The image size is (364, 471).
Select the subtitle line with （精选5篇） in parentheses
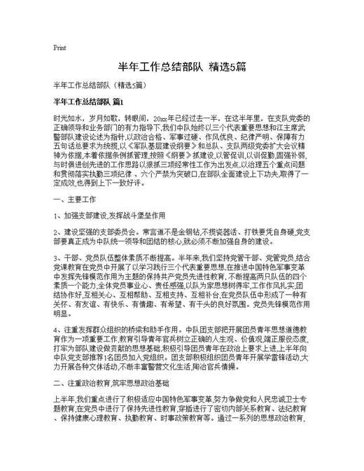tap(99, 85)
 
